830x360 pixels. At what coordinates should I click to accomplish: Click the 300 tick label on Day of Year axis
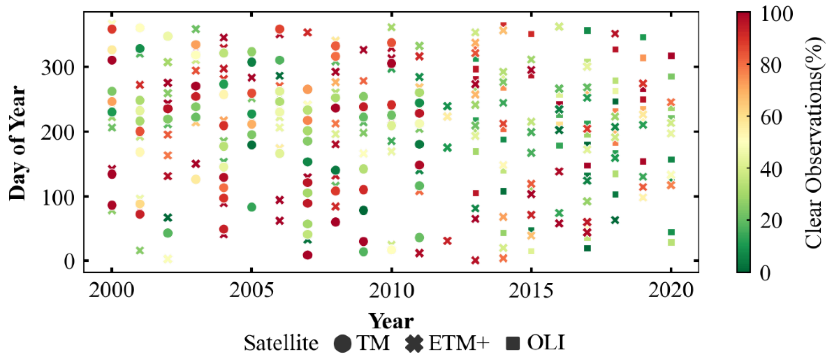point(58,68)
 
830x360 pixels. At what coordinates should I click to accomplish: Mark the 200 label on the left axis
point(58,132)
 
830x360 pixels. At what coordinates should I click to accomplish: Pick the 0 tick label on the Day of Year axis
point(69,261)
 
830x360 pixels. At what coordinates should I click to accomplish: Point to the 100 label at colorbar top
point(777,14)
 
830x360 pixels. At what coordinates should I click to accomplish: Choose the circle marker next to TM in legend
point(342,343)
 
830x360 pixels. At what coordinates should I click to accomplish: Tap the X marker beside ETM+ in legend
point(414,343)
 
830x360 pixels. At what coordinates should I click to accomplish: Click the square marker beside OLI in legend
point(513,343)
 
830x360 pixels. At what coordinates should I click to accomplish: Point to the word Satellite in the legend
point(281,343)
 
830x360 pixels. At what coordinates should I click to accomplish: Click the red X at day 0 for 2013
point(475,260)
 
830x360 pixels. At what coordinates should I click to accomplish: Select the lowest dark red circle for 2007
point(307,255)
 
